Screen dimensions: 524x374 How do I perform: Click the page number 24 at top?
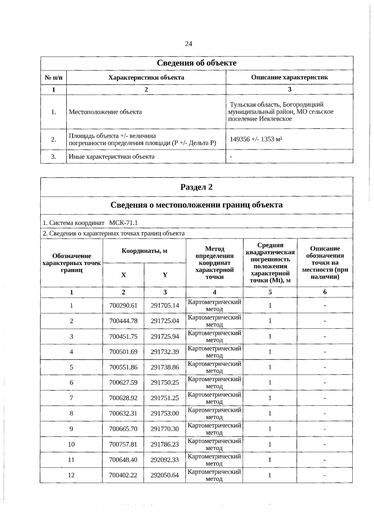(x=188, y=44)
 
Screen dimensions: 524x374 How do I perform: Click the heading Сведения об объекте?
(x=196, y=63)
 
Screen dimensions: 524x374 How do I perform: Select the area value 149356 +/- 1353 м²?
(x=256, y=139)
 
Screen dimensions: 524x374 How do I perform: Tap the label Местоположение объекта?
(x=105, y=112)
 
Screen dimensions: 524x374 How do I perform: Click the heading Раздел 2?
(x=196, y=187)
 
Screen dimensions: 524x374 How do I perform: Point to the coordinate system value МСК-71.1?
(x=123, y=223)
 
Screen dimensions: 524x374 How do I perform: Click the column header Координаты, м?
(x=144, y=251)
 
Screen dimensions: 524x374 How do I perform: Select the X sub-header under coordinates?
(x=123, y=275)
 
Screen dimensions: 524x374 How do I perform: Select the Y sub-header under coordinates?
(x=165, y=275)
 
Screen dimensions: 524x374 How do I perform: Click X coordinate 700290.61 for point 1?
(x=123, y=305)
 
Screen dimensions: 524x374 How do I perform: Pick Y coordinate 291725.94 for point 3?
(x=165, y=336)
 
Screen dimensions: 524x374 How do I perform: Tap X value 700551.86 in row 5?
(x=123, y=367)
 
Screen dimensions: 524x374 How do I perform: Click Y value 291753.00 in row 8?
(x=165, y=413)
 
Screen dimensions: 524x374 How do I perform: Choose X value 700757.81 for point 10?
(x=123, y=444)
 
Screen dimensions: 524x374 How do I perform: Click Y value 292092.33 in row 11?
(x=165, y=460)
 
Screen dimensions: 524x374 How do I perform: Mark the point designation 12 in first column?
(x=71, y=475)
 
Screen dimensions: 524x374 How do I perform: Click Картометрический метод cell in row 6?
(x=214, y=382)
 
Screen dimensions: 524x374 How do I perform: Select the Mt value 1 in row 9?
(x=270, y=429)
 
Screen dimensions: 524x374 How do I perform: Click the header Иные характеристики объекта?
(x=112, y=156)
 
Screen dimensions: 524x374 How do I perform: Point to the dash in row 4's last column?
(x=324, y=352)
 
